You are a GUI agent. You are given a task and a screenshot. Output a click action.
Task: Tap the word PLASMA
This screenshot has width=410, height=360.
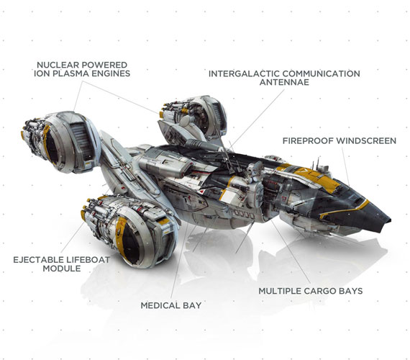click(71, 73)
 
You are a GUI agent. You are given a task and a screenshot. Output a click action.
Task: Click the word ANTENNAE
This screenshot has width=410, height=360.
click(284, 82)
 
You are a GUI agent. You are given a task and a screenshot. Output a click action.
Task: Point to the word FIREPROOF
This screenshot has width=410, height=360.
click(305, 141)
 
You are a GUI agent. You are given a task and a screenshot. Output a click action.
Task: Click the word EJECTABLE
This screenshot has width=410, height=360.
click(38, 260)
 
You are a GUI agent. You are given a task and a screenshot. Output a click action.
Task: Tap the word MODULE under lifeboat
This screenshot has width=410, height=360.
click(62, 269)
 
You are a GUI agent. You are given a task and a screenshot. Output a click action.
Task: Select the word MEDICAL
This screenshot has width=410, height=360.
click(160, 305)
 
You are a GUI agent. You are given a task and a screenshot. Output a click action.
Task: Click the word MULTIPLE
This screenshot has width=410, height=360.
click(281, 291)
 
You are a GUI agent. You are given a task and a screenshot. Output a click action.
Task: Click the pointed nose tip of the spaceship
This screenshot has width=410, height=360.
click(390, 220)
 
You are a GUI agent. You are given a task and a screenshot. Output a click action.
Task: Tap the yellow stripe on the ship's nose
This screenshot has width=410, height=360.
click(345, 210)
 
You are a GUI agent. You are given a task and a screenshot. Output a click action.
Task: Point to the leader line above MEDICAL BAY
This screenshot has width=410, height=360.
click(179, 261)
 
